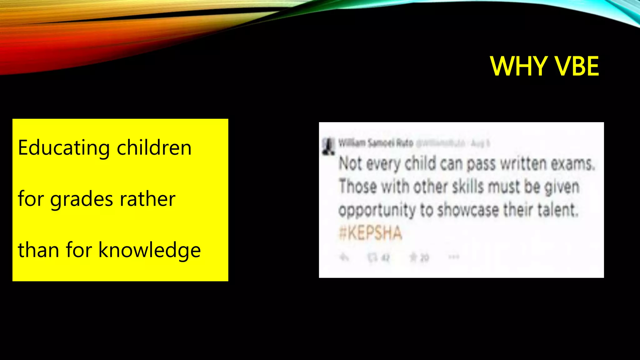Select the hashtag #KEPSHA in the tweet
pos(370,233)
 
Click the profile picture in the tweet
pos(328,147)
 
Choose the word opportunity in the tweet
pos(377,210)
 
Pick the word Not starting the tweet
pos(350,164)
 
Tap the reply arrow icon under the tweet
pos(344,257)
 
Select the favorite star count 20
pos(424,258)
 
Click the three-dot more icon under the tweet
pos(454,257)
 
